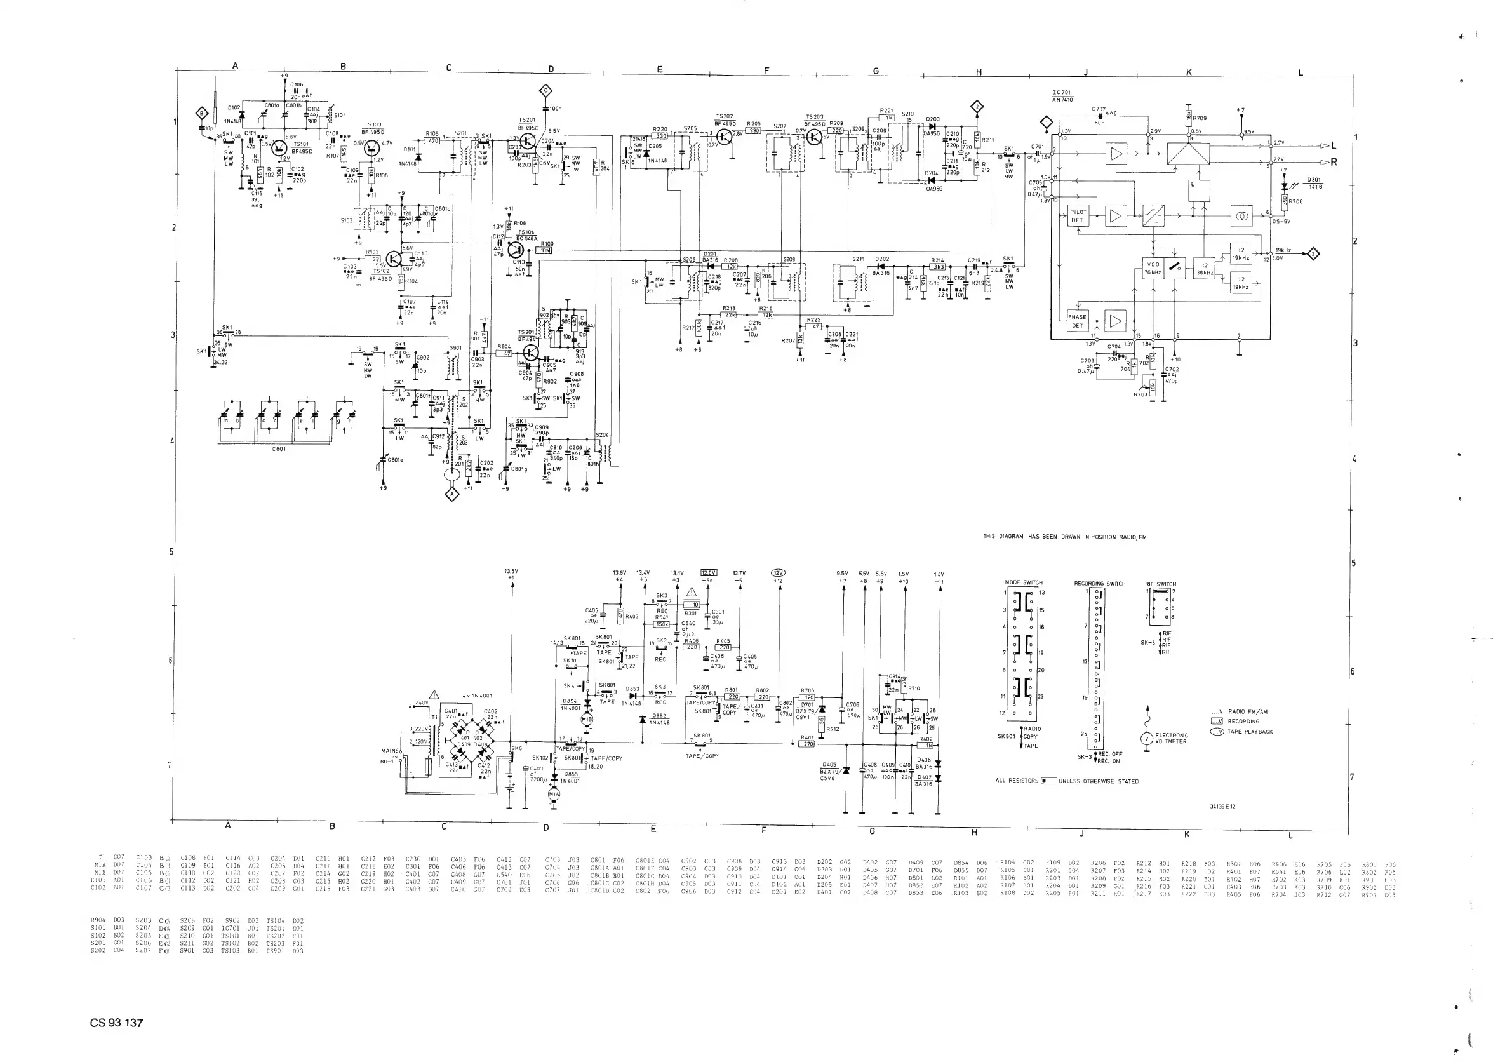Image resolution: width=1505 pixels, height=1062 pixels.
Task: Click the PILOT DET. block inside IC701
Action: click(1078, 216)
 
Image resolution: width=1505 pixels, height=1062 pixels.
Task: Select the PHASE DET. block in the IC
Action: click(1077, 321)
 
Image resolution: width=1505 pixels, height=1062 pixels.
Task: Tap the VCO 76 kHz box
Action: click(1153, 268)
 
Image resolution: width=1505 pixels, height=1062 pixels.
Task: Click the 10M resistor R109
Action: click(545, 250)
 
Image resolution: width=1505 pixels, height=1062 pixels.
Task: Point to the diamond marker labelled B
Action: click(203, 113)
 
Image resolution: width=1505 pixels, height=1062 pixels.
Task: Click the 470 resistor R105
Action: click(432, 140)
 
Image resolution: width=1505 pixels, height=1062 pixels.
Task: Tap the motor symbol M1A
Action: click(554, 794)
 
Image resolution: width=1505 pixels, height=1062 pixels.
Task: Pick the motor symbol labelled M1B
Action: click(587, 719)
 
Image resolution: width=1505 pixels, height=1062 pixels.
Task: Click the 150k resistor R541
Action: click(662, 624)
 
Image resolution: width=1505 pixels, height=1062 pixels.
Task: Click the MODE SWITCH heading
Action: click(1023, 582)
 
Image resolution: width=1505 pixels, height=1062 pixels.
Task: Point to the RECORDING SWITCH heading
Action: click(1099, 584)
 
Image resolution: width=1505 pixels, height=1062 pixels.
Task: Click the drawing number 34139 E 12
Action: click(1222, 806)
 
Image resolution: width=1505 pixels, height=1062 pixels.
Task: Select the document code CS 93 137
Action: click(116, 1023)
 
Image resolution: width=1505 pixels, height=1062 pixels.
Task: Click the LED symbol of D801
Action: click(1285, 186)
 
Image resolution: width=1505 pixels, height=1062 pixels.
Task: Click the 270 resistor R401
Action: click(808, 744)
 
